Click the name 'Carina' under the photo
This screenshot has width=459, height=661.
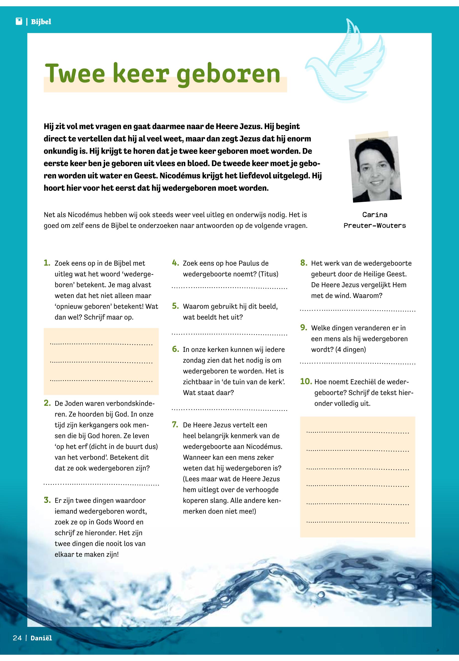click(375, 215)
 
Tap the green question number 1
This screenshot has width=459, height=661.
click(47, 263)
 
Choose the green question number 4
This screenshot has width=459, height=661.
click(175, 263)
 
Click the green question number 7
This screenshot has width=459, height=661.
click(175, 425)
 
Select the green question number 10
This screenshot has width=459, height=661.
click(306, 381)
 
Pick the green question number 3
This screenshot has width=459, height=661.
click(47, 500)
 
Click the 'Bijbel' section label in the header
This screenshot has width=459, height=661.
click(41, 22)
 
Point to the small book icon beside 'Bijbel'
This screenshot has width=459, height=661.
click(19, 22)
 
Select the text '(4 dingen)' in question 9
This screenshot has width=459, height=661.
click(351, 350)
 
